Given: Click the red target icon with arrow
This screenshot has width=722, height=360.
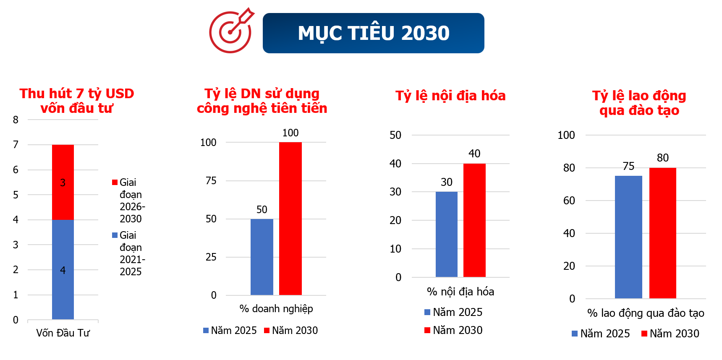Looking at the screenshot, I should (230, 31).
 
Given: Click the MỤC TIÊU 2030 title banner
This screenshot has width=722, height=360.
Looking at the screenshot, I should (373, 33).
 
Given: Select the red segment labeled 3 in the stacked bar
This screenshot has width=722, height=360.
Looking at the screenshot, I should (63, 182).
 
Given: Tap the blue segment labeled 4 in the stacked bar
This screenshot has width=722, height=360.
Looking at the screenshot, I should (63, 269).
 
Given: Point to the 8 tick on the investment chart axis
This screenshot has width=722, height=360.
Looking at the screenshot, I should (16, 120).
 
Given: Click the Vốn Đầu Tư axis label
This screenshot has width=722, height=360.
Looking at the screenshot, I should (63, 333).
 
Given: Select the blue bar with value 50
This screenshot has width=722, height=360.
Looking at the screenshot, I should (262, 257).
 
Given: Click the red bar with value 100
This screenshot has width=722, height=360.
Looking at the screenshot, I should (290, 218).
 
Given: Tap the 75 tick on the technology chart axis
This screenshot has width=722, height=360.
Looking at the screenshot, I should (211, 180).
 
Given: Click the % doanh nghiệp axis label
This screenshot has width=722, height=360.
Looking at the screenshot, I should (276, 308).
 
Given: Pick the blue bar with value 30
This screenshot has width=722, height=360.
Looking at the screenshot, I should (446, 234).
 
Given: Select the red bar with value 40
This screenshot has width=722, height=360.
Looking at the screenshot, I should (474, 220).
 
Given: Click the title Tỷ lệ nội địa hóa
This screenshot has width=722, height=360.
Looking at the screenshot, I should (450, 96).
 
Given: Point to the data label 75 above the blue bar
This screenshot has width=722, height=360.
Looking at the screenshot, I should (628, 166).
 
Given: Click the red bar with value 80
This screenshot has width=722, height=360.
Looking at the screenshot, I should (662, 233).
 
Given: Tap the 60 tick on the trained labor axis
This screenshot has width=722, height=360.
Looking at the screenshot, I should (569, 201).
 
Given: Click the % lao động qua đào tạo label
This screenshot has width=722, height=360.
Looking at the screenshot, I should (645, 313).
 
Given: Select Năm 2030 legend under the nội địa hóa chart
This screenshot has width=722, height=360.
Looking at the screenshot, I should (453, 330).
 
